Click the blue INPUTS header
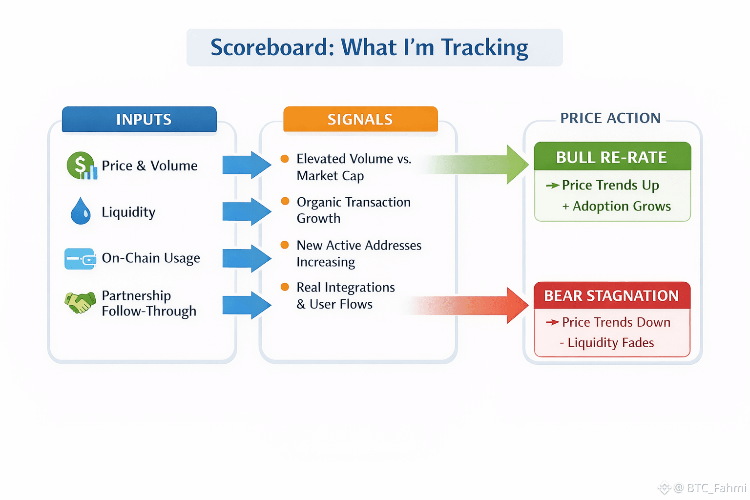(139, 119)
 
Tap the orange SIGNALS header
(360, 119)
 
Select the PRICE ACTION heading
(610, 118)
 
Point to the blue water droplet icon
(81, 211)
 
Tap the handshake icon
(80, 302)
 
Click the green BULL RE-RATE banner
(612, 157)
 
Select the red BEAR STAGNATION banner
(612, 295)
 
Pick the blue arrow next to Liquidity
(246, 211)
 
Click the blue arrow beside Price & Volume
(246, 165)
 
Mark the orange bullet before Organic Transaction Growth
(285, 201)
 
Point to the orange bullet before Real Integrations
(285, 287)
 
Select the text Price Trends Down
(616, 322)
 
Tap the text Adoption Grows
(622, 206)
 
